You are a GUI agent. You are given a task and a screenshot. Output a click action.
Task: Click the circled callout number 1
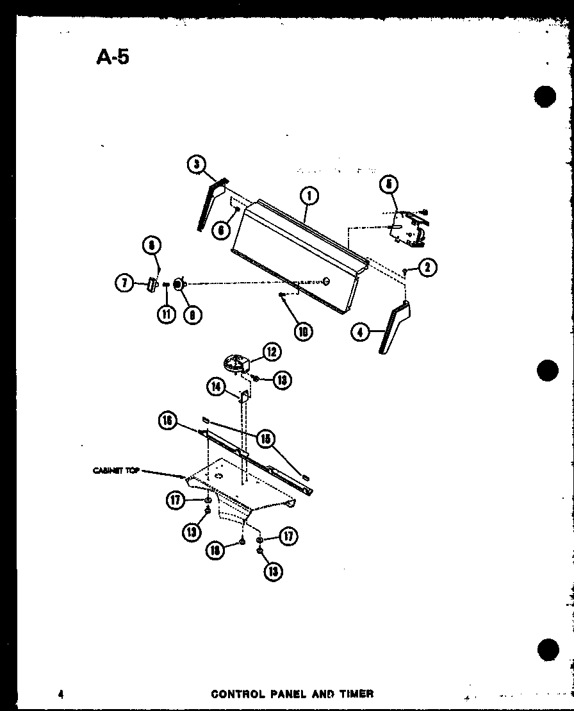tap(309, 196)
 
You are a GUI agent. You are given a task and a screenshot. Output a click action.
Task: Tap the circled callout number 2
tap(427, 268)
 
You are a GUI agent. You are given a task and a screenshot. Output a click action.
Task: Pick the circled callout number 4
tap(361, 332)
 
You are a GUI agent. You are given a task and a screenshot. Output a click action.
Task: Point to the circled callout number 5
tap(389, 185)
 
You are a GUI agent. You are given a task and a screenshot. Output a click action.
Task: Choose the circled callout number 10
tap(304, 331)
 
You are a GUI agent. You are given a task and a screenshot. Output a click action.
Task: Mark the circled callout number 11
tap(167, 314)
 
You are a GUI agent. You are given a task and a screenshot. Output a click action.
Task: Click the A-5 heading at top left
tap(113, 57)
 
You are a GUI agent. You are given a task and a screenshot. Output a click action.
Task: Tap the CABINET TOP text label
tap(116, 471)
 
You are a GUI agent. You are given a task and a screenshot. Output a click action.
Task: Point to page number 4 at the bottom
tap(60, 694)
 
